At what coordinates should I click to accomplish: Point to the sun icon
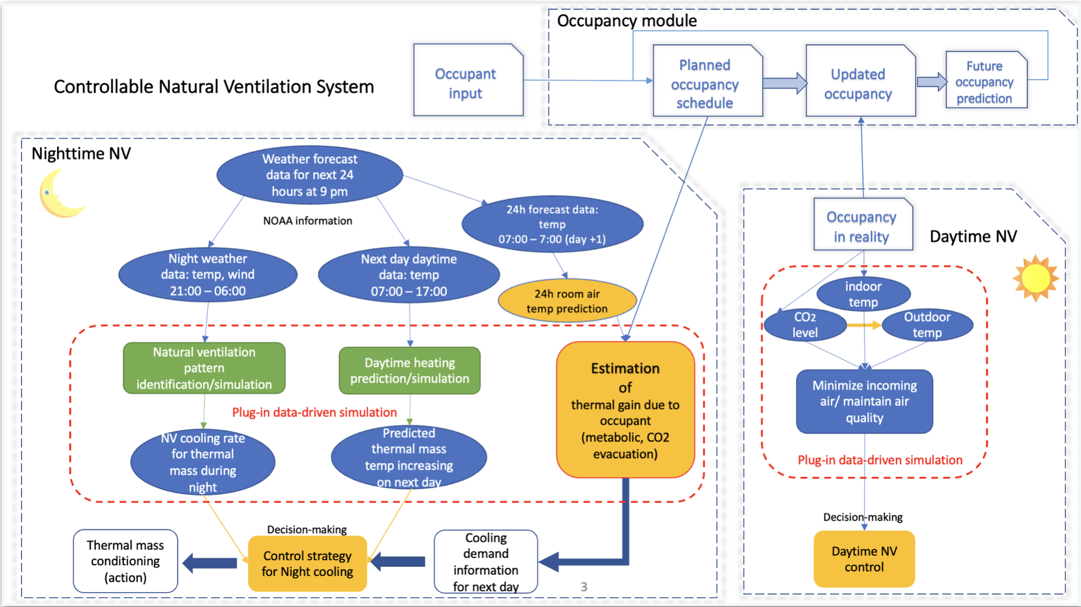[1036, 278]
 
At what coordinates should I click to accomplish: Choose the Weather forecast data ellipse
[309, 175]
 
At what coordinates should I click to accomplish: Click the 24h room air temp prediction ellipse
[567, 301]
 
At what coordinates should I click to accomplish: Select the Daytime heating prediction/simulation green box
[410, 371]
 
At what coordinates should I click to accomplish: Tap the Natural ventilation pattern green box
[204, 368]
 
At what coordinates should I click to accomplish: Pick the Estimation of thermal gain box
[625, 410]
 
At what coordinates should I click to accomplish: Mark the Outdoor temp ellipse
[927, 325]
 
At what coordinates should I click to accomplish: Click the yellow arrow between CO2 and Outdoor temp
[864, 325]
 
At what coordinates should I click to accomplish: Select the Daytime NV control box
[864, 559]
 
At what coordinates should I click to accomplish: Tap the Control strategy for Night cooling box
[308, 564]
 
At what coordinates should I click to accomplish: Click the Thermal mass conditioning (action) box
[125, 561]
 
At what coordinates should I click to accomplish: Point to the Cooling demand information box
[486, 562]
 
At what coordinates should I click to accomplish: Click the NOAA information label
[307, 221]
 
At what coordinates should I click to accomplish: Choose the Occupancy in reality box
[862, 225]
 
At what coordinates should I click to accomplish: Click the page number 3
[584, 587]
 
